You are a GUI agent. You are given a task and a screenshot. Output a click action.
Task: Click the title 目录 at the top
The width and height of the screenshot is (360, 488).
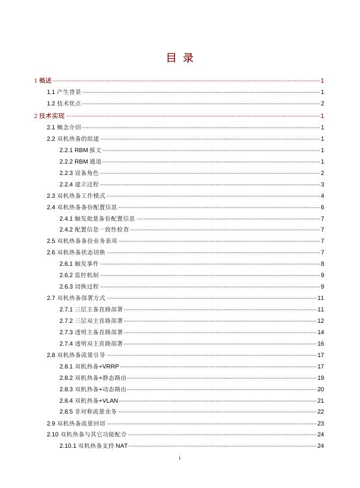click(x=179, y=58)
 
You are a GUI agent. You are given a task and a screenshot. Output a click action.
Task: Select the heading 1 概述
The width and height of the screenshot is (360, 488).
click(x=43, y=80)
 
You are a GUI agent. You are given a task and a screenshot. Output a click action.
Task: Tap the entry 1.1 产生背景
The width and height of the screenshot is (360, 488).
click(x=64, y=92)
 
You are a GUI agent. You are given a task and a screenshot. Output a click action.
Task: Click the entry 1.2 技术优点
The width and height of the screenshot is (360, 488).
click(x=64, y=104)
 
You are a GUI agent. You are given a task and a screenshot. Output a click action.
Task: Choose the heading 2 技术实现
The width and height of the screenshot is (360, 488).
click(x=49, y=116)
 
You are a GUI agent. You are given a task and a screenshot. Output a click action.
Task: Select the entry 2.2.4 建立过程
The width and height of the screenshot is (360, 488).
click(x=79, y=184)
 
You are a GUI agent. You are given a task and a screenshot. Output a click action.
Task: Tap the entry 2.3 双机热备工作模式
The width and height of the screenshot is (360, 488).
click(x=76, y=196)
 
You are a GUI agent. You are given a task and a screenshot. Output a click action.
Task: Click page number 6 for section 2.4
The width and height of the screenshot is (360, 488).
click(x=322, y=207)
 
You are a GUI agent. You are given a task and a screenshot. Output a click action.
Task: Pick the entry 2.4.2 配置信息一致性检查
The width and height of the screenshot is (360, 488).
click(x=95, y=230)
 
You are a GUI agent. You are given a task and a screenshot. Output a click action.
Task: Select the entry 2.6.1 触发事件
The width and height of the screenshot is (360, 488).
click(x=79, y=264)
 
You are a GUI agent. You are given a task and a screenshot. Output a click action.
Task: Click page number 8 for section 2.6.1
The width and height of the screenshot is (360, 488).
click(x=322, y=264)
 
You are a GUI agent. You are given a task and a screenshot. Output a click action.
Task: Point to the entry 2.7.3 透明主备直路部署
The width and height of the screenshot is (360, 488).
click(x=91, y=332)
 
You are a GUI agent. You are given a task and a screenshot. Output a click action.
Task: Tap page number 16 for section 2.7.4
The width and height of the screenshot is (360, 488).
click(x=321, y=343)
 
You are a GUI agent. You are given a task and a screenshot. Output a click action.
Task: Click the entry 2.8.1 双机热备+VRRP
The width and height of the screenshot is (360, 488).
click(x=90, y=366)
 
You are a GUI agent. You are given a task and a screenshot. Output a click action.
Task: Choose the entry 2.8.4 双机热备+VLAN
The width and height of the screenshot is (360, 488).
click(x=89, y=401)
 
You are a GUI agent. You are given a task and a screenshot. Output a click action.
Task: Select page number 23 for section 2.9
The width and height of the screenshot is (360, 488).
click(x=321, y=423)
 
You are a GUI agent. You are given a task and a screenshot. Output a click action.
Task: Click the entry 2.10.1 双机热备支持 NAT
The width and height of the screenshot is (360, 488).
click(x=94, y=446)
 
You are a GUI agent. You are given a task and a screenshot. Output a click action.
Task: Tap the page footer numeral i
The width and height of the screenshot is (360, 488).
click(x=179, y=458)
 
